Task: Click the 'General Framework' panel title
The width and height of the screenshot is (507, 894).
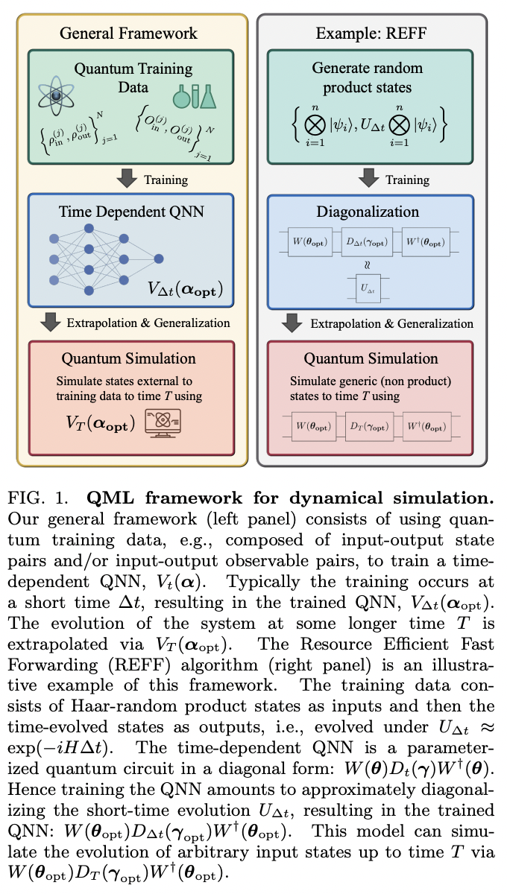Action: click(x=128, y=33)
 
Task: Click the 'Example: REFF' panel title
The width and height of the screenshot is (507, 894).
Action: click(x=372, y=33)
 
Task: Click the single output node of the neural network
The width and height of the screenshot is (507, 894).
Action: click(x=159, y=259)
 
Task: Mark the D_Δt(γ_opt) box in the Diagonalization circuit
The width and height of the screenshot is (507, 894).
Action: click(x=371, y=243)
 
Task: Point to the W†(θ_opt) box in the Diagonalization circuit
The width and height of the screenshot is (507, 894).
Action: click(x=426, y=243)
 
